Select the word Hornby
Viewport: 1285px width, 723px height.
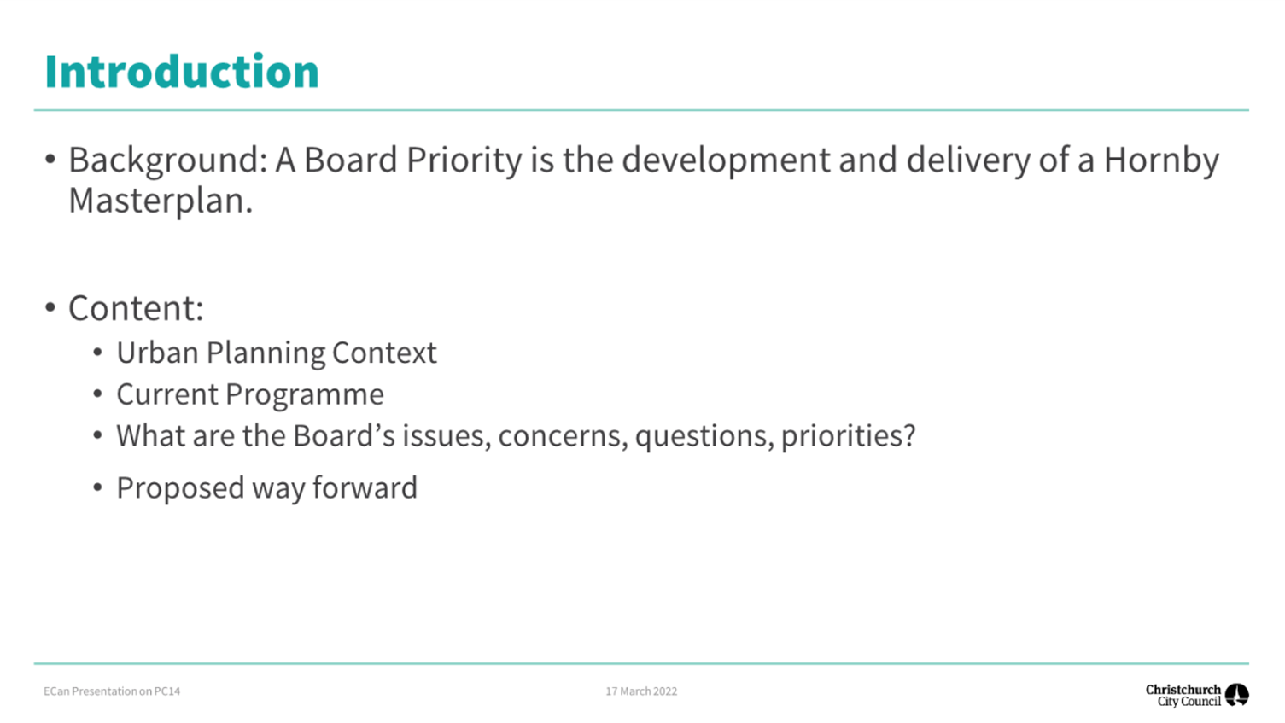point(1161,160)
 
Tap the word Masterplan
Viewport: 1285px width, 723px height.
point(161,201)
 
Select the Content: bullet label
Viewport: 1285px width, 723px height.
point(136,308)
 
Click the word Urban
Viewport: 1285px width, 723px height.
point(158,353)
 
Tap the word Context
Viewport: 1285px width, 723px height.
point(384,353)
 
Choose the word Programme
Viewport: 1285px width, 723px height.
point(305,395)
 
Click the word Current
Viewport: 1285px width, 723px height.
point(167,394)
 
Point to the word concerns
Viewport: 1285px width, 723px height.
point(564,436)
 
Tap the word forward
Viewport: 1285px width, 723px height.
point(365,488)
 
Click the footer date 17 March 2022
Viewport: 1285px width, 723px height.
point(641,691)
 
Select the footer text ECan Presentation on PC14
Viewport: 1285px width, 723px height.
point(112,691)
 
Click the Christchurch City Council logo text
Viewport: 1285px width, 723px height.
point(1183,696)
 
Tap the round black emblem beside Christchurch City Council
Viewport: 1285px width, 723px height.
point(1237,696)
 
